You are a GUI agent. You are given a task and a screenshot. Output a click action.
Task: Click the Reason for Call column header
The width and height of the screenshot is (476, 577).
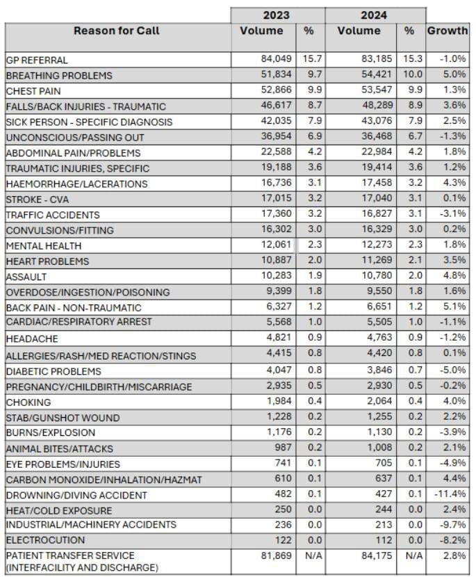click(117, 31)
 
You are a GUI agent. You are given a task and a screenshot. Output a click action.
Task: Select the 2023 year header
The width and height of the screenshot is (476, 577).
click(277, 15)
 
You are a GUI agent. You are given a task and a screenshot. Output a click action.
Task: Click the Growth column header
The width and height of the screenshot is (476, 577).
click(447, 31)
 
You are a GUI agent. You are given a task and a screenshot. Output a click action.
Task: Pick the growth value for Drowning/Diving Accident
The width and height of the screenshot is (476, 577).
click(450, 495)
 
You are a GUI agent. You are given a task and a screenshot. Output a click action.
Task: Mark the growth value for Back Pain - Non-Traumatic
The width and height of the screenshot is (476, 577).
click(453, 307)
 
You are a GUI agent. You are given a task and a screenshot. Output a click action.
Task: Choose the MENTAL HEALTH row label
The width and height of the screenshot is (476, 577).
click(44, 246)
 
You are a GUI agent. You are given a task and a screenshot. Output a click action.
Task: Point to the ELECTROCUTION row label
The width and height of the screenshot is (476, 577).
click(45, 540)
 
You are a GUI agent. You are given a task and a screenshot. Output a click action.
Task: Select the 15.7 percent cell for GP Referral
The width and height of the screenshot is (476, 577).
click(309, 60)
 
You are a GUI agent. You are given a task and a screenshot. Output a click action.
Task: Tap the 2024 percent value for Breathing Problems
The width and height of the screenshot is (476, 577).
click(409, 75)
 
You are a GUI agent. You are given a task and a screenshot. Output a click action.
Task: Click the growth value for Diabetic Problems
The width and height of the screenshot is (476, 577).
click(452, 371)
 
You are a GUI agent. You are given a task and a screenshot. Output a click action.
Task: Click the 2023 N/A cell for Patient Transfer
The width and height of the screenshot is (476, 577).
click(309, 555)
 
